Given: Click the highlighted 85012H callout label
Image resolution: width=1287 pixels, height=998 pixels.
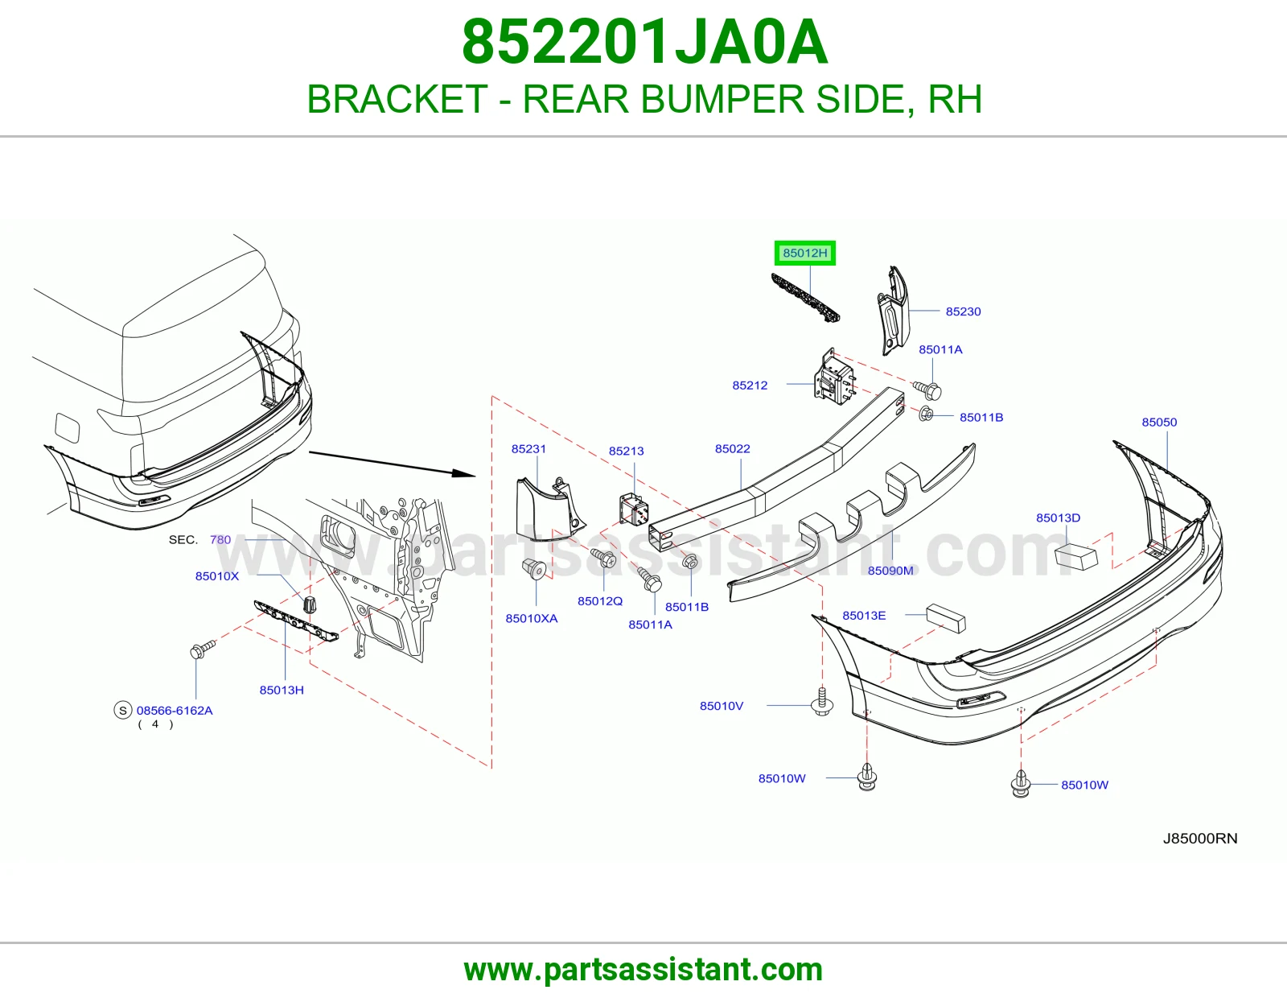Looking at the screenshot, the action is tap(805, 253).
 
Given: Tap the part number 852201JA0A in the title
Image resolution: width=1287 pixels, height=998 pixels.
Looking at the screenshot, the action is tap(644, 42).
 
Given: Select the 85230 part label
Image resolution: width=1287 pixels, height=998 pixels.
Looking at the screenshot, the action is tap(963, 311).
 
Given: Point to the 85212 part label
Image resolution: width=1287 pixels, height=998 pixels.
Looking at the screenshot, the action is tap(750, 386).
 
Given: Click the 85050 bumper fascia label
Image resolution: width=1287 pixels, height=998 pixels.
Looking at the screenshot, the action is tap(1159, 422).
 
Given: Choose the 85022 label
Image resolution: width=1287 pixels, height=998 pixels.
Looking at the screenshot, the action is tap(732, 448).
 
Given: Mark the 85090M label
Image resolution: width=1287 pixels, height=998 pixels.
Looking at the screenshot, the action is tap(890, 571).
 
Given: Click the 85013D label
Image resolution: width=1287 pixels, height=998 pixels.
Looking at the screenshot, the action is tap(1058, 518).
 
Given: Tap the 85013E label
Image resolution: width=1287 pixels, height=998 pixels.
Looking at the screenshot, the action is tap(864, 615).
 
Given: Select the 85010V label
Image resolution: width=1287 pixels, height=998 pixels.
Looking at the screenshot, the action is tap(722, 706).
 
